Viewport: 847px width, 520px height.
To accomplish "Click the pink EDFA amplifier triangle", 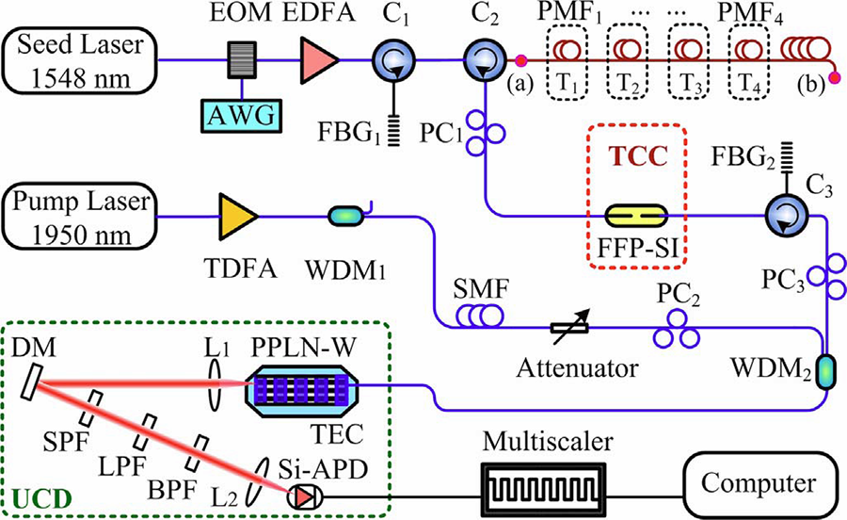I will tap(318, 61).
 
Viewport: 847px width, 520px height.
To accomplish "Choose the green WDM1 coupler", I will tap(345, 217).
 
